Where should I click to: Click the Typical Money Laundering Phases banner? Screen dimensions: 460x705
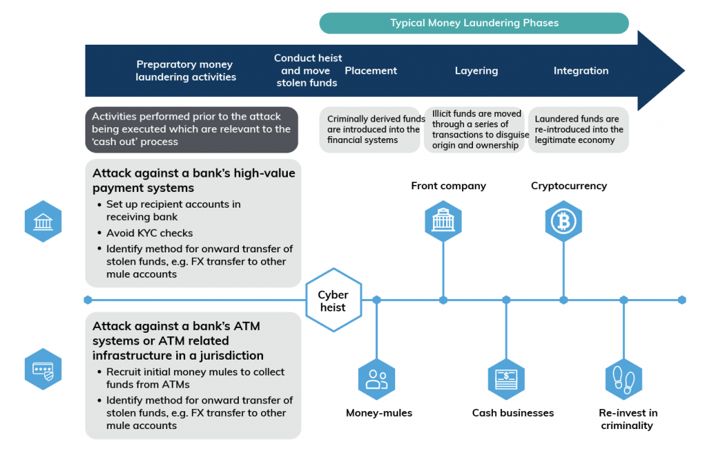coord(474,23)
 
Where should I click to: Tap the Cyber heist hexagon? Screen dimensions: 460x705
coord(333,300)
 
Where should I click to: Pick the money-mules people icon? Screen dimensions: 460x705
coord(377,379)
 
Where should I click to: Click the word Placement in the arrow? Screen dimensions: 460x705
coord(370,71)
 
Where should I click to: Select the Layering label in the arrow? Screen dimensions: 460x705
coord(476,71)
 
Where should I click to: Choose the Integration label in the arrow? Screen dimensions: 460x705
coord(580,71)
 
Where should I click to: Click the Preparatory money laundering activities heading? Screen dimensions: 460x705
coord(185,71)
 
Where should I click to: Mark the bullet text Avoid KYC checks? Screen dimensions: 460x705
coord(149,232)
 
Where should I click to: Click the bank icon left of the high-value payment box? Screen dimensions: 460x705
coord(43,221)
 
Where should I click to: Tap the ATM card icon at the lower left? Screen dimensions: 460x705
coord(43,369)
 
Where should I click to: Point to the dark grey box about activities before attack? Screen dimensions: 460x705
coord(191,129)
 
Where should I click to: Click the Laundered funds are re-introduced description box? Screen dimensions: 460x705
coord(578,129)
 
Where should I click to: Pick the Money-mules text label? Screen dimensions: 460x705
coord(379,413)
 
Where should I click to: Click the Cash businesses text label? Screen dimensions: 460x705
coord(512,413)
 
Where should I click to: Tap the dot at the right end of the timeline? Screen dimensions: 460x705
coord(682,300)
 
